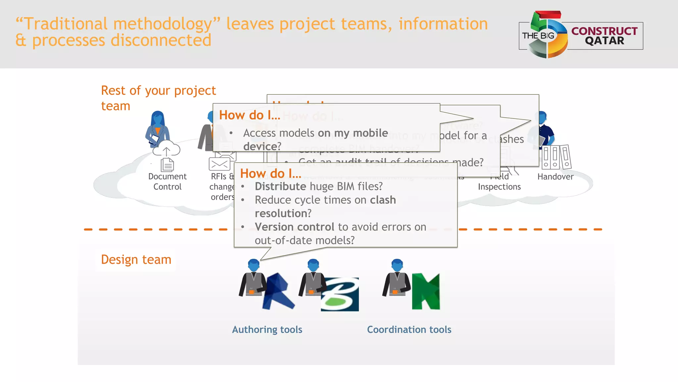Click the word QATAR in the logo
604,41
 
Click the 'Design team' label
136,259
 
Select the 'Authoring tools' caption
267,330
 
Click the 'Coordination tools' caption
409,330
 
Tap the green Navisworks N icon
426,292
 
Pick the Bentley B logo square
340,294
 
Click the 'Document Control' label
167,182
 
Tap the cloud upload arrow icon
166,150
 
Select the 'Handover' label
555,177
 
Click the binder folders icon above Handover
557,157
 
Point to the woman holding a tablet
157,129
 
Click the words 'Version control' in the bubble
294,227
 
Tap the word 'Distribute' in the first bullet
280,187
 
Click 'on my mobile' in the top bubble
353,133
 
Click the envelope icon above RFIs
219,164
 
